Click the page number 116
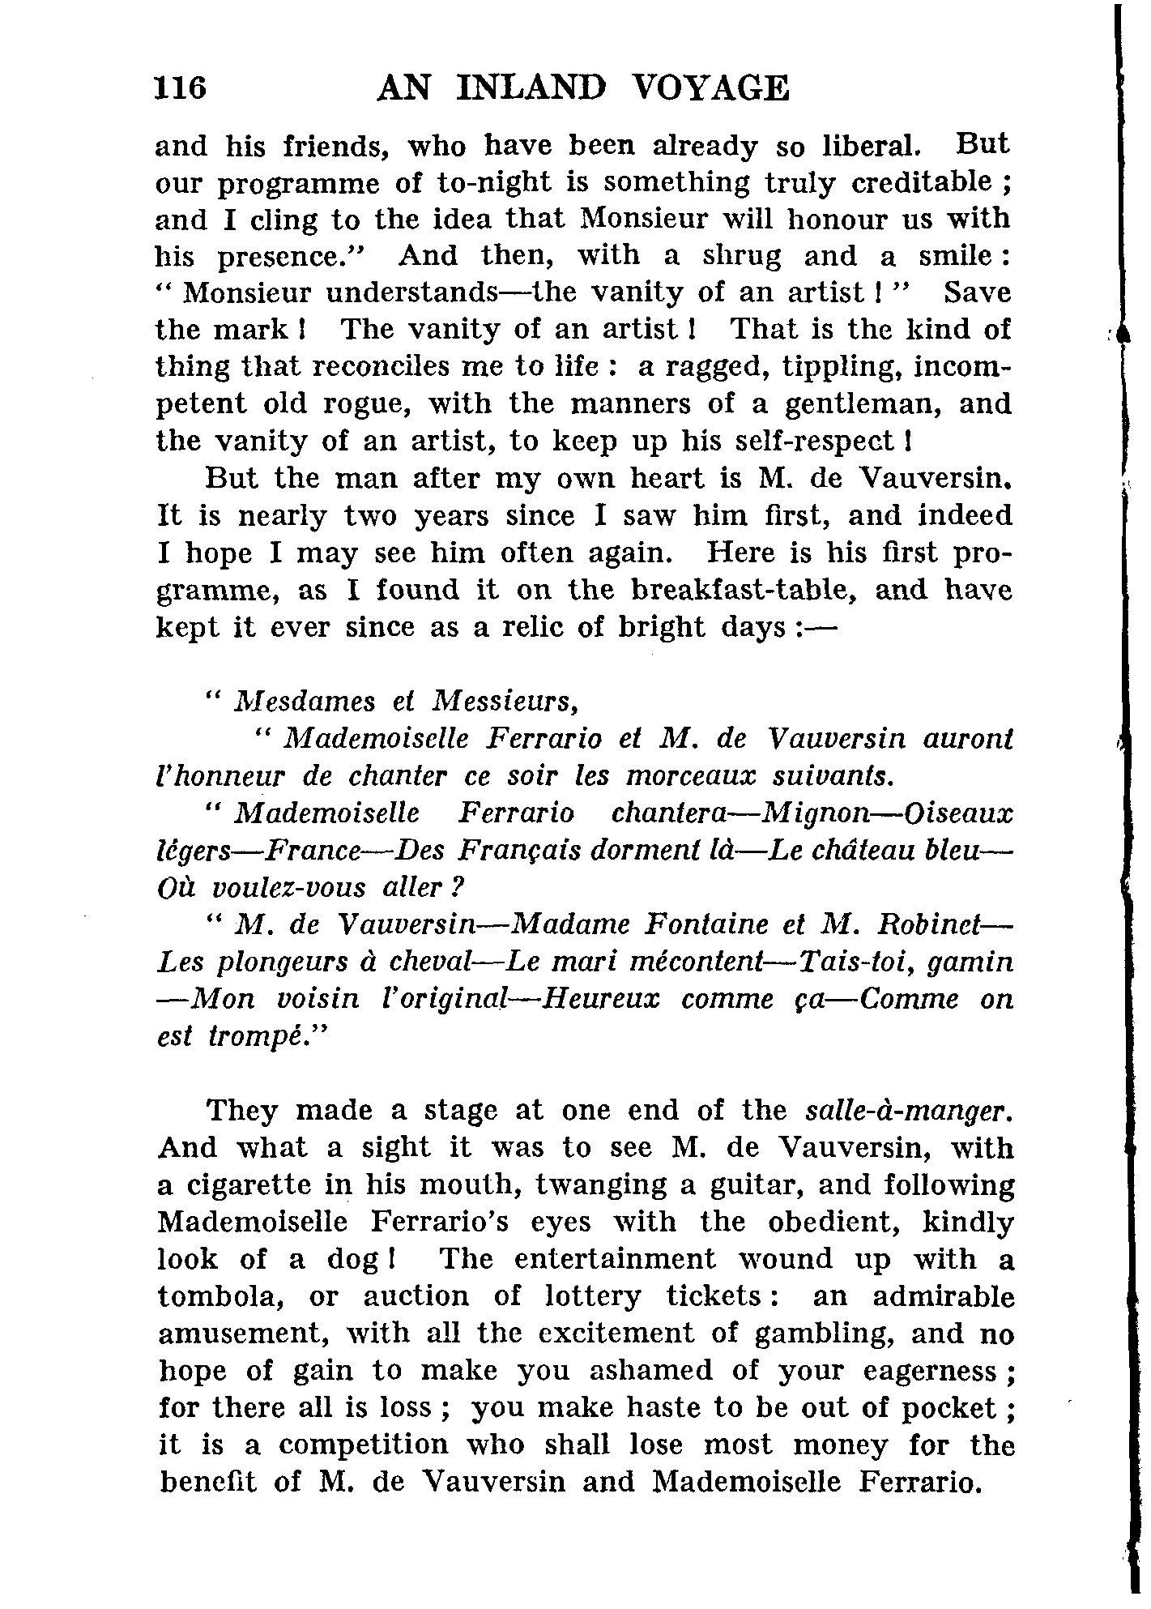pyautogui.click(x=181, y=88)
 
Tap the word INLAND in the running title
pyautogui.click(x=531, y=88)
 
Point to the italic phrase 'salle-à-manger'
pyautogui.click(x=910, y=1110)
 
